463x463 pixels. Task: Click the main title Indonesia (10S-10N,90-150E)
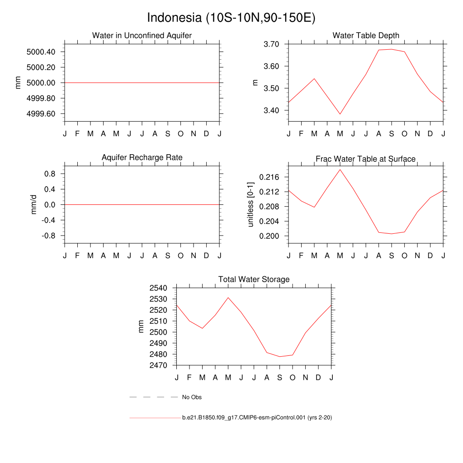[231, 18]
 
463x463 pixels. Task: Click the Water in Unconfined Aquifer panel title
[142, 35]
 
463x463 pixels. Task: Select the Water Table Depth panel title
[366, 35]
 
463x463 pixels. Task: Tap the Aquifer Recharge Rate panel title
[142, 157]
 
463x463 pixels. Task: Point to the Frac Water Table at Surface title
[365, 159]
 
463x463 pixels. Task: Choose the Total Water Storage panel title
[254, 279]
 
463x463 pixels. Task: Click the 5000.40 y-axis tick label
[41, 52]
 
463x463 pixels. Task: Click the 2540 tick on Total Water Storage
[158, 288]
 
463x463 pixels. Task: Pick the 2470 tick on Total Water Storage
[158, 365]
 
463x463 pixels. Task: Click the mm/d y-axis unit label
[33, 205]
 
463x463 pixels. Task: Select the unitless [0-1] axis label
[251, 204]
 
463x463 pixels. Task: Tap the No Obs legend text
[192, 397]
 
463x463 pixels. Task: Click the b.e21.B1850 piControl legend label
[257, 418]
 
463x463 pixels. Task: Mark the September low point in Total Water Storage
[280, 357]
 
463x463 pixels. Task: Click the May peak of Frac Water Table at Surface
[340, 170]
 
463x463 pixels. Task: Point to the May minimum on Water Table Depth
[340, 114]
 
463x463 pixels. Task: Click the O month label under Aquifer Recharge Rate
[180, 256]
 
